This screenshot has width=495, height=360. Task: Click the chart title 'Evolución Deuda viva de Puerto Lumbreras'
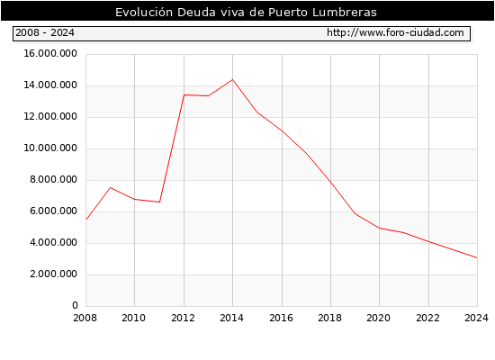246,13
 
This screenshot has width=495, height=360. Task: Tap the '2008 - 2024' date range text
45,32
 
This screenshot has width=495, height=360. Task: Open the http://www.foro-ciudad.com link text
395,32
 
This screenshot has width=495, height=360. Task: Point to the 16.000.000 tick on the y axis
50,54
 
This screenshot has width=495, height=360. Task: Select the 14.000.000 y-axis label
50,85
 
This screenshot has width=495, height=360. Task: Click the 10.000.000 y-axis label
50,148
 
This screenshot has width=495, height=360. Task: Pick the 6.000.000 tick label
53,211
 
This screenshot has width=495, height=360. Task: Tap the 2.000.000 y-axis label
53,274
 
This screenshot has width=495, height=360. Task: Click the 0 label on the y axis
75,305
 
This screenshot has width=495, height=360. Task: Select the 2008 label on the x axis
85,318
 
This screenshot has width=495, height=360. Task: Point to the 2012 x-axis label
183,318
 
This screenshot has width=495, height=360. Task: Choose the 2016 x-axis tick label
282,318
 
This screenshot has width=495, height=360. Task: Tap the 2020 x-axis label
379,318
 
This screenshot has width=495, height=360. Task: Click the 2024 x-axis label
477,318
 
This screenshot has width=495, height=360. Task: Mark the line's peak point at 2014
233,79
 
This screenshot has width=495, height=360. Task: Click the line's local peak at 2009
110,187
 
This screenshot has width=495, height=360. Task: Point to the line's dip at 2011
159,202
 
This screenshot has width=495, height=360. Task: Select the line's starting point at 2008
86,220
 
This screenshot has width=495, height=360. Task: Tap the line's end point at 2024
477,258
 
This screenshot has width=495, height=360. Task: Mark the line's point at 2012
184,94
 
